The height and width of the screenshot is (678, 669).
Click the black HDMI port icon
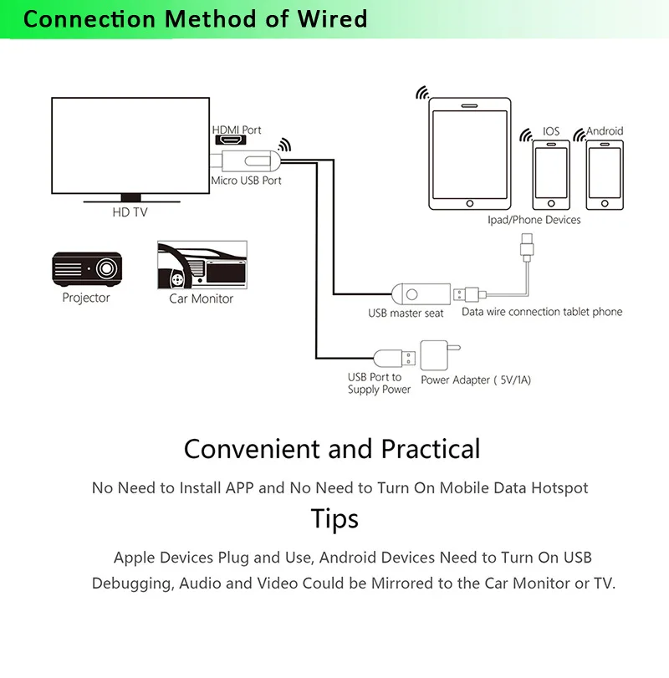click(231, 140)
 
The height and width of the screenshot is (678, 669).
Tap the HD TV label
click(130, 212)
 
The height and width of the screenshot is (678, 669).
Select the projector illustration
click(86, 269)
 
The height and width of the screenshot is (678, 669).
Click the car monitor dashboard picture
click(202, 265)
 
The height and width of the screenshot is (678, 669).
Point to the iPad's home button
click(470, 204)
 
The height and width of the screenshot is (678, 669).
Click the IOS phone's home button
click(551, 204)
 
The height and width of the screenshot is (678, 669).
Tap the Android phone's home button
click(605, 204)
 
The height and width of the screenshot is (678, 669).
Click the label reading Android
click(605, 131)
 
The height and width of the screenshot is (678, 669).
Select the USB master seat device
click(421, 294)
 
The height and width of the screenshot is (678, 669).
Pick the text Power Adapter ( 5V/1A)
click(476, 380)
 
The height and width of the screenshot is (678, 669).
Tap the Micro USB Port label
click(246, 181)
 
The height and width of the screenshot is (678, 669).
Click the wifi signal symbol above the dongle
click(284, 145)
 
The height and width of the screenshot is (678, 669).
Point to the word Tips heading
click(334, 518)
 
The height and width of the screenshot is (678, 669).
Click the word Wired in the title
click(333, 19)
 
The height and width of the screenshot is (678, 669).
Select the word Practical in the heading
click(431, 449)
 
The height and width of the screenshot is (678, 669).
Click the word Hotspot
click(559, 488)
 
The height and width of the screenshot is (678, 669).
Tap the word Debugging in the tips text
click(133, 584)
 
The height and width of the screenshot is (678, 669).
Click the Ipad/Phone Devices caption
click(534, 220)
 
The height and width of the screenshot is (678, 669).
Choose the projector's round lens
click(106, 268)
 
